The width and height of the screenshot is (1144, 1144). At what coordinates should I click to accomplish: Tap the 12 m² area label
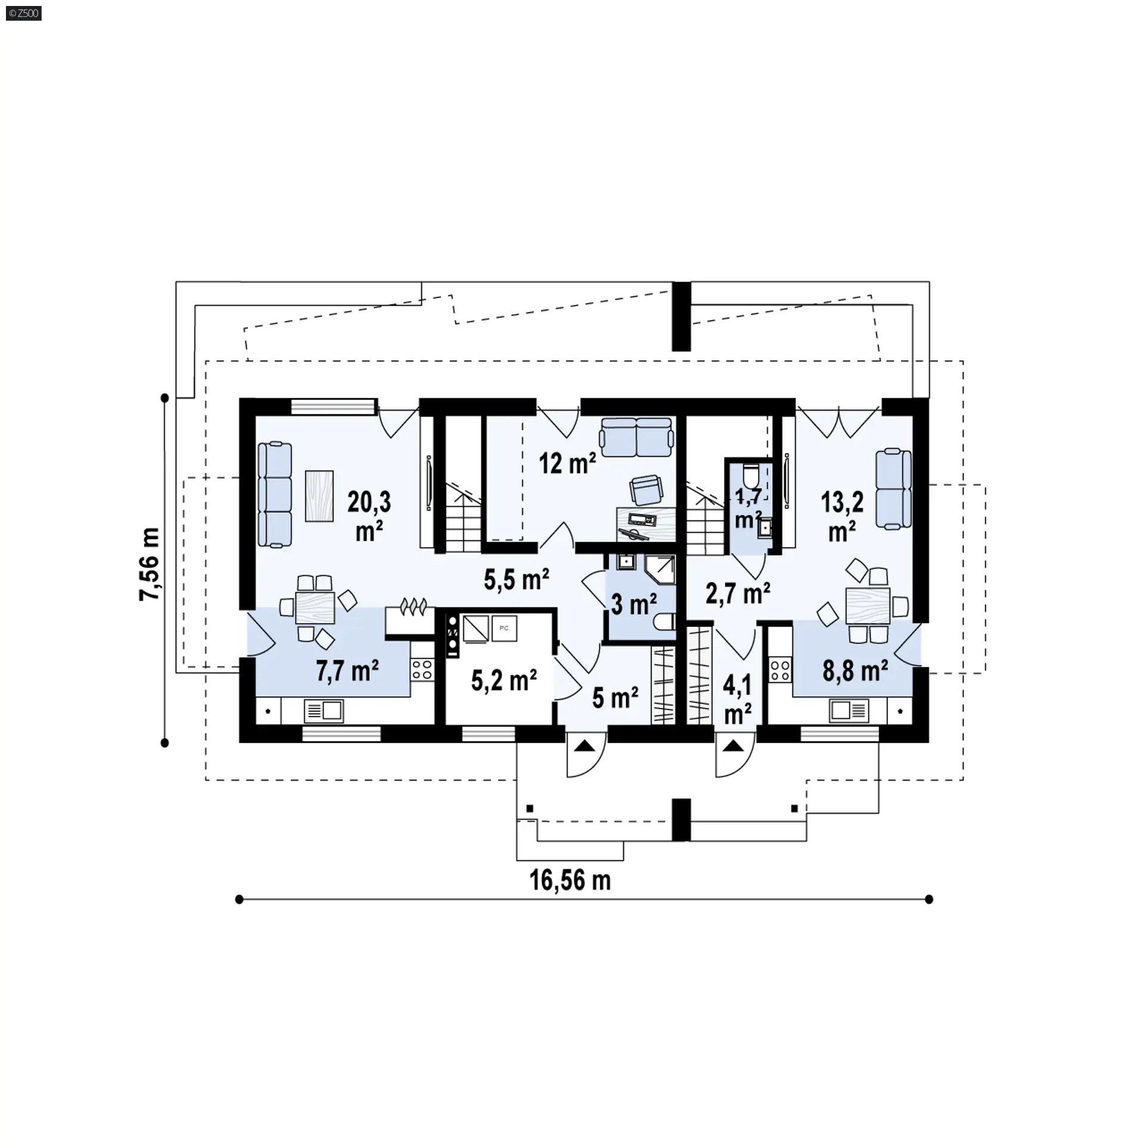click(x=567, y=463)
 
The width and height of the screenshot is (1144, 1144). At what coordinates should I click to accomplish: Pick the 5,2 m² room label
click(x=504, y=680)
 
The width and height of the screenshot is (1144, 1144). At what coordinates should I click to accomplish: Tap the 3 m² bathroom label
click(x=634, y=604)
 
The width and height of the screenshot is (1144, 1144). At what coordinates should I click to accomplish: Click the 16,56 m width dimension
click(x=570, y=880)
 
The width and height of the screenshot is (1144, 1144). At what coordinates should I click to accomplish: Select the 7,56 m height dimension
click(x=150, y=564)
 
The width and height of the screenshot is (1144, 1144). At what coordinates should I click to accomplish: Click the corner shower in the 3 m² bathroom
click(x=660, y=570)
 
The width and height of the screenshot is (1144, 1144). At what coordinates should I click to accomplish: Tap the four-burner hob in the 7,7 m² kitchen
click(x=422, y=669)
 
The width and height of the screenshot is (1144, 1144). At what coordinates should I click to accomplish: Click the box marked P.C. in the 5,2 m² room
click(x=504, y=629)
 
